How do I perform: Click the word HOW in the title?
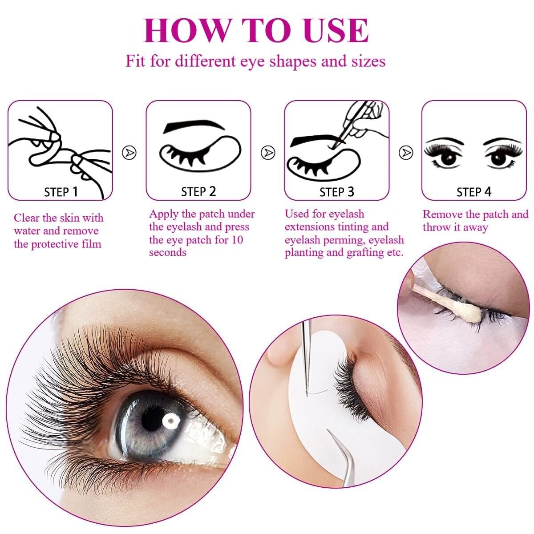point(186,31)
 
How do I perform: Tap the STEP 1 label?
point(61,192)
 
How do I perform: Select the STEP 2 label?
point(198,192)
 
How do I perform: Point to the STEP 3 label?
point(337,192)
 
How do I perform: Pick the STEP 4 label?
point(474,192)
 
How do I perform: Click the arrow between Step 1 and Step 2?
point(129,152)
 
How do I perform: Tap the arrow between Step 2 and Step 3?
point(268,152)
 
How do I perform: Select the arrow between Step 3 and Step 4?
point(406,152)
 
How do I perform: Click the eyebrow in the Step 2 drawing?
point(194,125)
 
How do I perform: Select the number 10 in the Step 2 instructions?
point(237,240)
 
